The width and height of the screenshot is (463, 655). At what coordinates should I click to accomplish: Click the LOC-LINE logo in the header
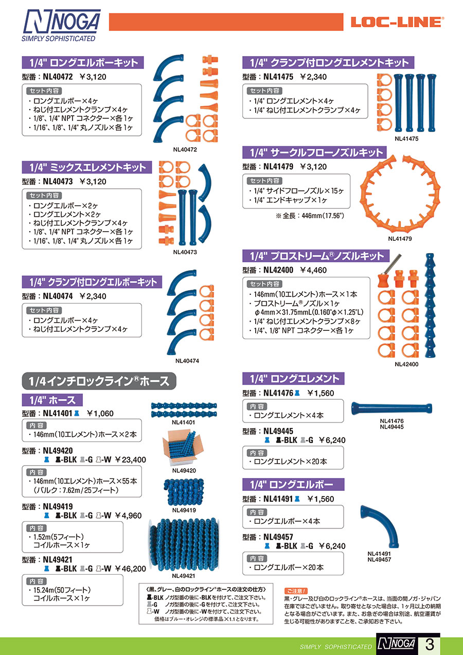pos(397,22)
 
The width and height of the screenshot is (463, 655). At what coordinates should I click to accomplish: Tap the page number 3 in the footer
pos(430,644)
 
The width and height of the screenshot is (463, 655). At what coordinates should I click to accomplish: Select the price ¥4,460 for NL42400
pos(313,270)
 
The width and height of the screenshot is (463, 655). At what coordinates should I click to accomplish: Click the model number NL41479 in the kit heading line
pos(278,167)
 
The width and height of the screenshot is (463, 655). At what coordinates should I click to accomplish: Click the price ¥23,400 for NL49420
pos(130,459)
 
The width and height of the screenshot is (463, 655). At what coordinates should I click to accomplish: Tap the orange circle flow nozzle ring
pos(400,193)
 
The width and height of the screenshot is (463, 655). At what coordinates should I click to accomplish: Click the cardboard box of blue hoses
pos(183,448)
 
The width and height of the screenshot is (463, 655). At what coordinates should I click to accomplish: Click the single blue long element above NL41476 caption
pos(391,408)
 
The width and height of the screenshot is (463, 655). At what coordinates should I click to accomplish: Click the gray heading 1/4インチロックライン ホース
pos(99,381)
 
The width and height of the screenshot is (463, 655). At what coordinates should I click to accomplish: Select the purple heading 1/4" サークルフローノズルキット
pos(314,152)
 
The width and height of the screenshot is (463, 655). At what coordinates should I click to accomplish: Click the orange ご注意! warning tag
pos(296,591)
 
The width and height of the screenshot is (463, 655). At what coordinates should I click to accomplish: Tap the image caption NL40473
pos(185,252)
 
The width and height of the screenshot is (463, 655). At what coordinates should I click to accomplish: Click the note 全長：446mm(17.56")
pos(310,216)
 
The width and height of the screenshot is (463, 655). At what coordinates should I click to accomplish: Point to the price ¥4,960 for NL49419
pos(128,516)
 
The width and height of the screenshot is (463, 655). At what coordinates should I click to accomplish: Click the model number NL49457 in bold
pos(278,537)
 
